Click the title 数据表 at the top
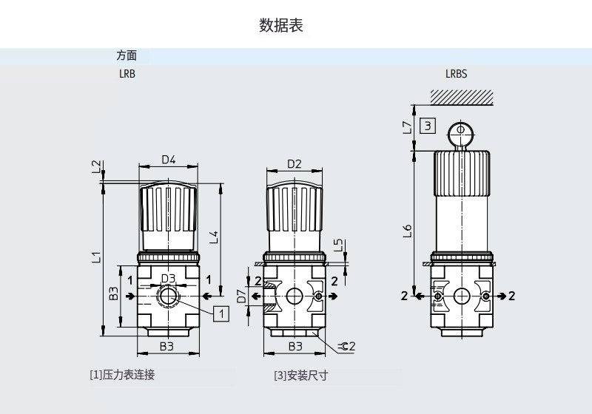281,25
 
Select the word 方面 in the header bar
127,55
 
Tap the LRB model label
127,74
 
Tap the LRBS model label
456,74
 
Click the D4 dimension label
168,160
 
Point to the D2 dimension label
294,163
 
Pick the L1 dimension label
95,257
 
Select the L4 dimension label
213,237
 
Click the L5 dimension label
338,244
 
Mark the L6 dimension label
407,231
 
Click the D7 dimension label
241,297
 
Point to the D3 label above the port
168,279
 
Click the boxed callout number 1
221,313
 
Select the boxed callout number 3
427,125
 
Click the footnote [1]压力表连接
122,375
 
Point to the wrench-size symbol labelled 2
346,346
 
